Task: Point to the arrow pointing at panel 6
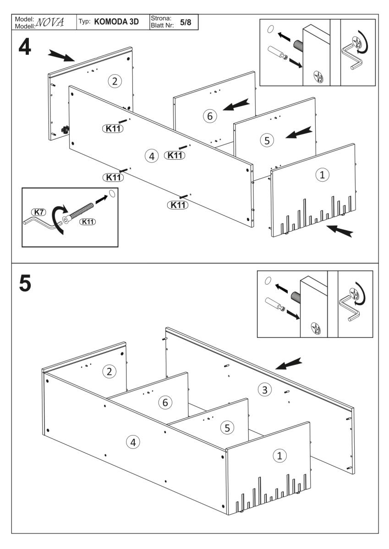(x=237, y=106)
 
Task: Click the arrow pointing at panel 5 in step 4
(x=298, y=133)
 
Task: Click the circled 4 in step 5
(x=132, y=441)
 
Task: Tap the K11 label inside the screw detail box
(x=87, y=222)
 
